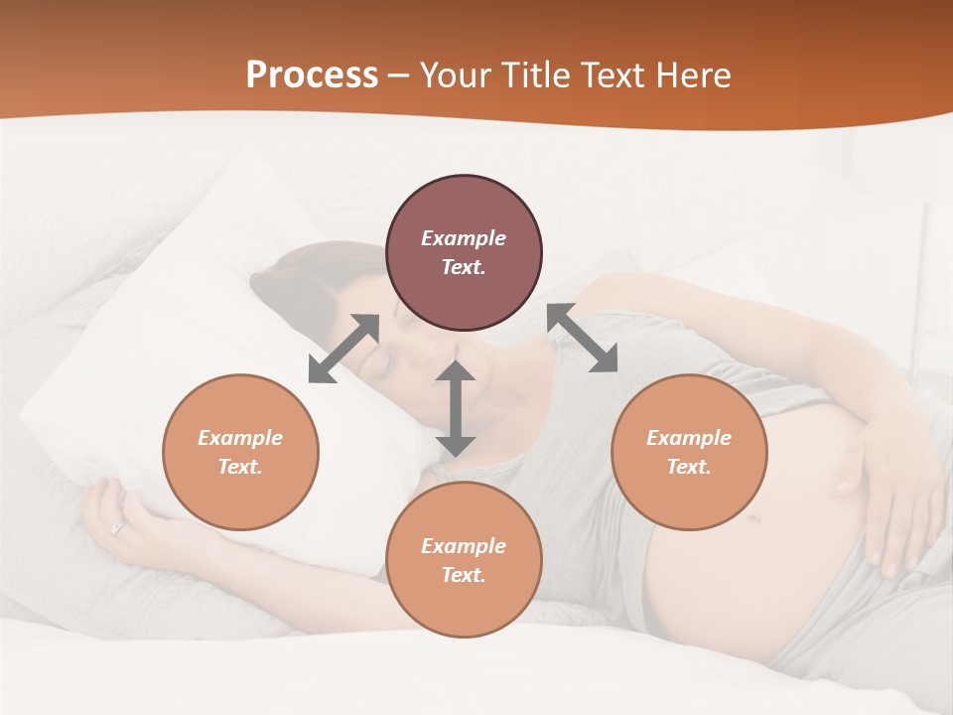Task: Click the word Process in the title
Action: tap(312, 75)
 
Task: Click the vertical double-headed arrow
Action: tap(456, 408)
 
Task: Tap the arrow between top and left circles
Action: tap(343, 349)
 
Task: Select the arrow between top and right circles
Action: tap(583, 338)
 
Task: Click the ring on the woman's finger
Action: tap(118, 528)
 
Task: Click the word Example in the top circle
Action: tap(464, 238)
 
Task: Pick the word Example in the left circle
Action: tap(240, 438)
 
